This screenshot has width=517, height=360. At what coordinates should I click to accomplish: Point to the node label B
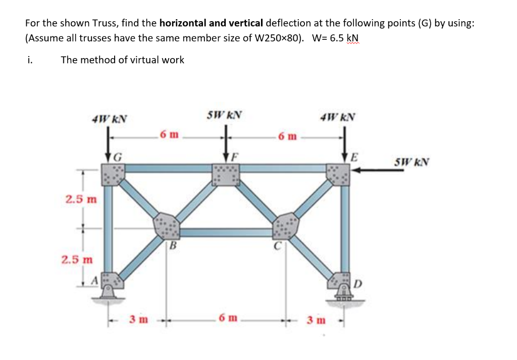[173, 247]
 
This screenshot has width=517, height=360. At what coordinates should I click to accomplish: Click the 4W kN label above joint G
[109, 119]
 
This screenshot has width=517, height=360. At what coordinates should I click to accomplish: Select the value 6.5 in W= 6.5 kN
[337, 38]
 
